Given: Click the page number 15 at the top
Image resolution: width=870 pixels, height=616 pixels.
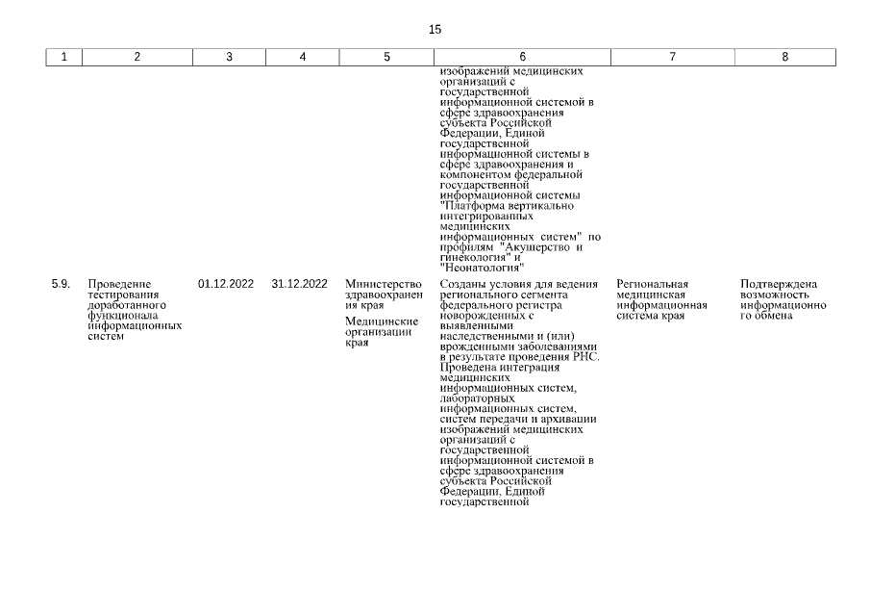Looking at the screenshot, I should (435, 30).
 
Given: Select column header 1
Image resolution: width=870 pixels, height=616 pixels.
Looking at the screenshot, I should (64, 57).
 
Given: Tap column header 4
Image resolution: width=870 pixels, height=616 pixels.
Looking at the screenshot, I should (303, 57).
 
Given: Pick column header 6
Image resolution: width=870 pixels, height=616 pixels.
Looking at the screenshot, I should (522, 57).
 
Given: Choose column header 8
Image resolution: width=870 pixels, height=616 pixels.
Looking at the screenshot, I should (784, 57).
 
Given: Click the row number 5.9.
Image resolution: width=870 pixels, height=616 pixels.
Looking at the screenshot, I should (61, 284).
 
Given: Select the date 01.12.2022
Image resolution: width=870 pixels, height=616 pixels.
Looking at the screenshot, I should (226, 284).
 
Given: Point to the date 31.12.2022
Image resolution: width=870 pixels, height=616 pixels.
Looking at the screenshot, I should (300, 284).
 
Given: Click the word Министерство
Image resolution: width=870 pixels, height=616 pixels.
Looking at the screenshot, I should (384, 284).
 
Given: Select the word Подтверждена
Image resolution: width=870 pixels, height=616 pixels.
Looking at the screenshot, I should (779, 284).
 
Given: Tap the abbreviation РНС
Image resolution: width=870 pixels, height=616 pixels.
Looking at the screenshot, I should (585, 356).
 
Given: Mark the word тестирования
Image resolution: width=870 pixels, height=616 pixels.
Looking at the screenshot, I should (120, 295).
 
